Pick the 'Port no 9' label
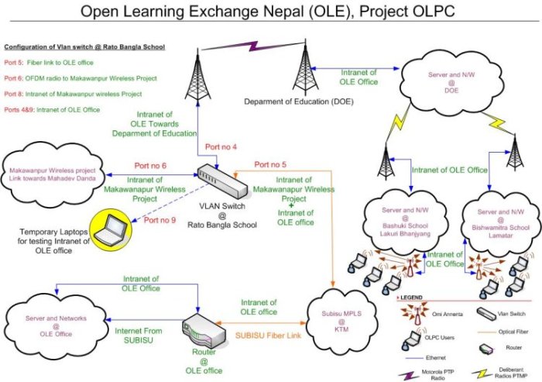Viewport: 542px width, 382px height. tap(160, 220)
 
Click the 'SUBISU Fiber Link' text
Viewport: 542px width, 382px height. tap(269, 337)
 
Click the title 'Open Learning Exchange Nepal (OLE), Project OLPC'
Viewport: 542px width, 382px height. tap(270, 13)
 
